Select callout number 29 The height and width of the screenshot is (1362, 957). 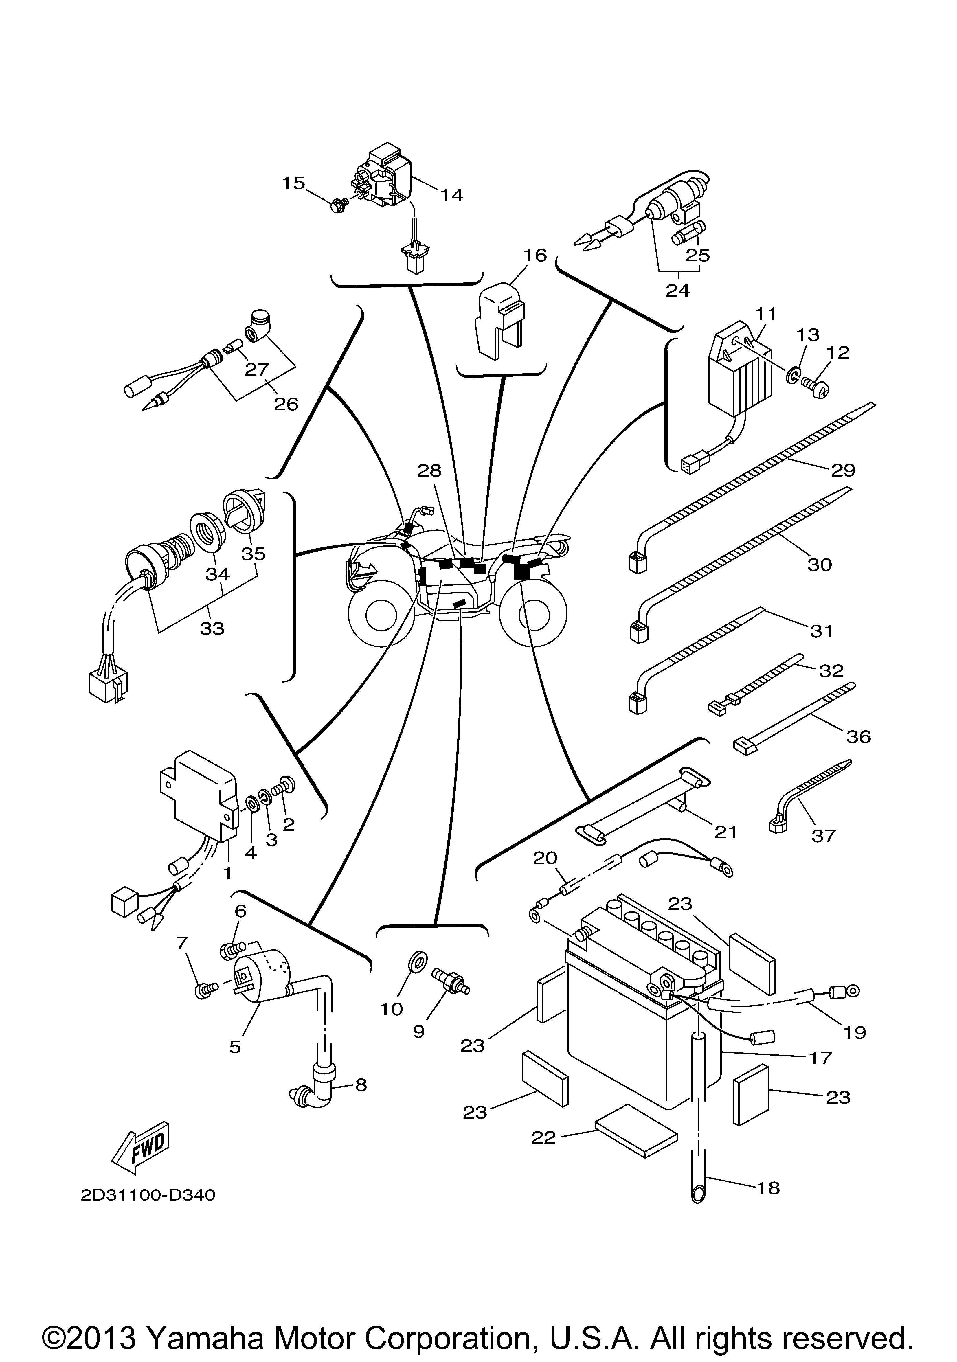point(843,470)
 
